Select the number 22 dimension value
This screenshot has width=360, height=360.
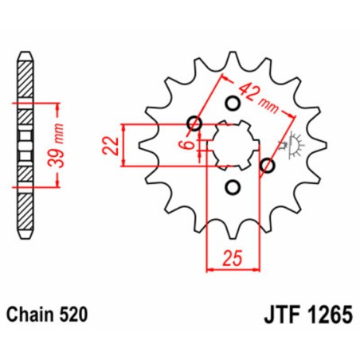click(111, 145)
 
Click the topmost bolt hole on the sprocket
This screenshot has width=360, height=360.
click(233, 103)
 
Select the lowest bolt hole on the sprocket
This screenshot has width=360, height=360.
click(233, 187)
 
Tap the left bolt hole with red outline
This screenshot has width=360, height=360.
click(192, 123)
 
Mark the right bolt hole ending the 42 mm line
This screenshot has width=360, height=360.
click(267, 166)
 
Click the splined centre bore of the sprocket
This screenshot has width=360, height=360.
click(232, 144)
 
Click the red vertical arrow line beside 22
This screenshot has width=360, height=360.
click(124, 145)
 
